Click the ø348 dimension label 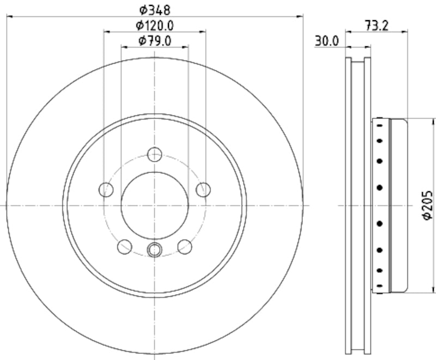click(155, 9)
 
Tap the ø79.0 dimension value click(155, 40)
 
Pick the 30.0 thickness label click(326, 40)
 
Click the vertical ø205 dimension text click(427, 205)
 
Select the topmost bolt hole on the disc click(155, 154)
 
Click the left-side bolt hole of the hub click(106, 190)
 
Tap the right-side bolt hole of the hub click(203, 190)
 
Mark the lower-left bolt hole click(125, 247)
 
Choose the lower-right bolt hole click(185, 247)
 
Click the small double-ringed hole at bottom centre click(155, 249)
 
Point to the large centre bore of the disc click(155, 205)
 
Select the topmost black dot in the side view click(378, 125)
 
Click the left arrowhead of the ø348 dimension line click(9, 16)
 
